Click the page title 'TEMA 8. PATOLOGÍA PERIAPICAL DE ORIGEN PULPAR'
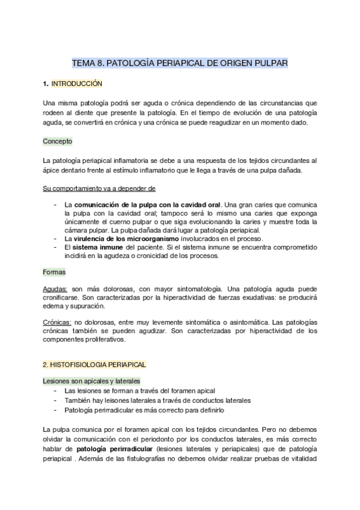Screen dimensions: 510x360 (180, 62)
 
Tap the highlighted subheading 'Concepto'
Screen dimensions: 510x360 (58, 141)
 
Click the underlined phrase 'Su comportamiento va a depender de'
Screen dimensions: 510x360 (99, 188)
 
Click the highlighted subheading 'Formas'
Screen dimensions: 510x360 (54, 272)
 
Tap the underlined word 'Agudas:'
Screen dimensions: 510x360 (55, 289)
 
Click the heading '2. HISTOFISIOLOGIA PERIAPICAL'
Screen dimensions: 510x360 (94, 364)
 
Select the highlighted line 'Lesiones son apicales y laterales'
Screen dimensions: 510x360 (91, 381)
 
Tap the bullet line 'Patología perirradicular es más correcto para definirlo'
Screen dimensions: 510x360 (144, 410)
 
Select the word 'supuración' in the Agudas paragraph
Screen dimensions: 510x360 (87, 306)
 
